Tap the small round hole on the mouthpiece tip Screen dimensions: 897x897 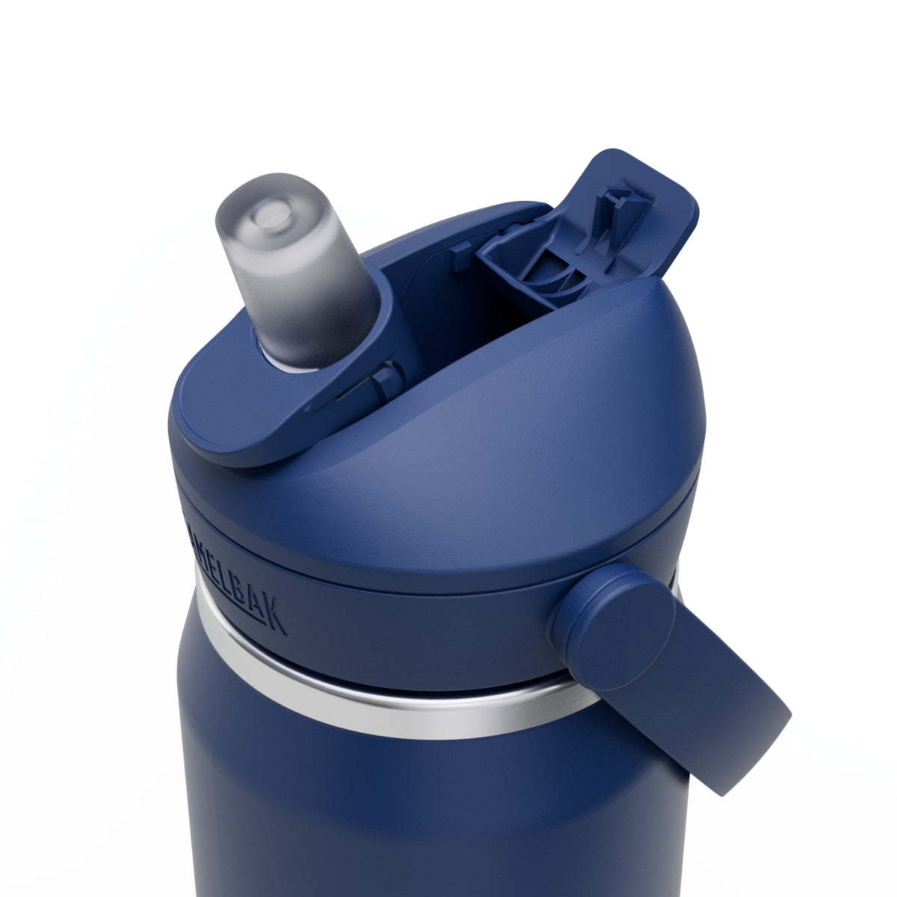268,218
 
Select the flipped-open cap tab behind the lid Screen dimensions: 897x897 635,202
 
